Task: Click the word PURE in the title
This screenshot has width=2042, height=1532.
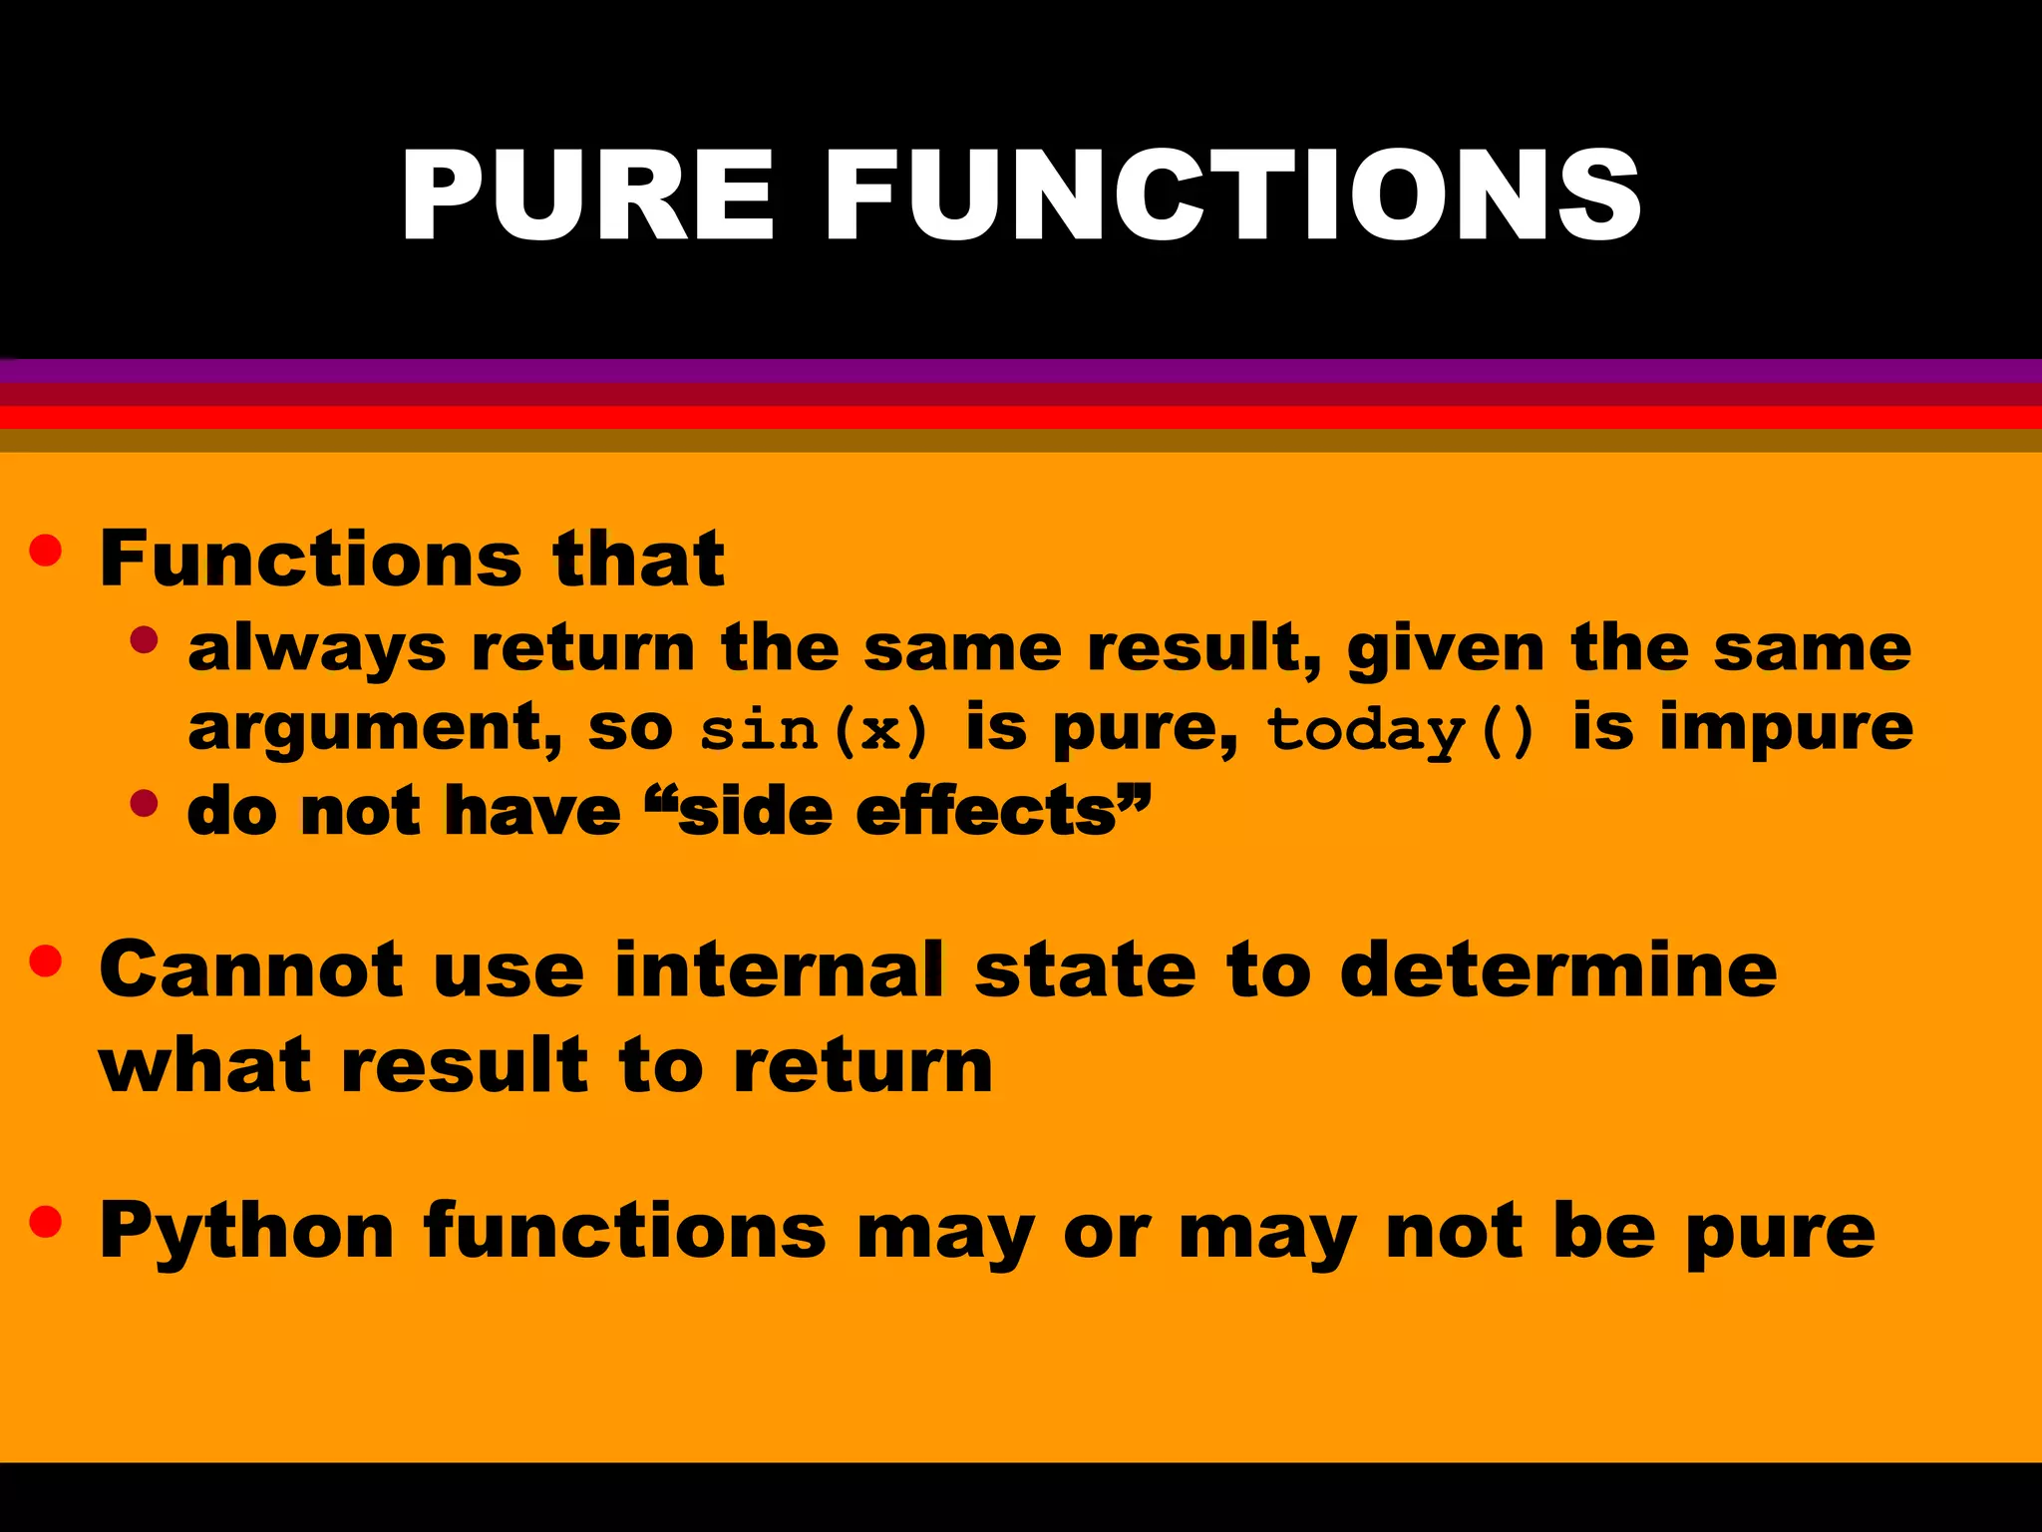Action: click(587, 194)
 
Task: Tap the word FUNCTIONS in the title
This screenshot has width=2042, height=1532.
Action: click(1232, 194)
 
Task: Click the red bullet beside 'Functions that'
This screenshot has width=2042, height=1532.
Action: click(46, 551)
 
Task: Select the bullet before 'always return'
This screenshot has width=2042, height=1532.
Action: click(145, 640)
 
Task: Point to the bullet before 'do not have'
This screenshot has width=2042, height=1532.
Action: click(145, 803)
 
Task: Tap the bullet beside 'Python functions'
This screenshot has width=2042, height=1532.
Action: click(46, 1221)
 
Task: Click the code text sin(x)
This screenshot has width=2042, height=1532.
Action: click(814, 729)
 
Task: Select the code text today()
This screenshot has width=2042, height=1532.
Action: click(1400, 729)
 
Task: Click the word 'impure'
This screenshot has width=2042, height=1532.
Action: click(1786, 729)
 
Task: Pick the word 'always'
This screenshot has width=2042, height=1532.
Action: click(316, 649)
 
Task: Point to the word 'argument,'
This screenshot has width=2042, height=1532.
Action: click(375, 729)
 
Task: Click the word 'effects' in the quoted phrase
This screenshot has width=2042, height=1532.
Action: click(986, 811)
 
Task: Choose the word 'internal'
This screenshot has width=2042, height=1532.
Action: click(779, 969)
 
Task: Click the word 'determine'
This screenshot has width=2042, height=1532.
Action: click(1558, 969)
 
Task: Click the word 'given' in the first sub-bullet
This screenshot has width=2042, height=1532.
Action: click(1446, 649)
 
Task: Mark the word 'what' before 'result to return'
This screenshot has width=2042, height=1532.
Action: click(205, 1065)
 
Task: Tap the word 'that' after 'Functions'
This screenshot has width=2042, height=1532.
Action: click(638, 559)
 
